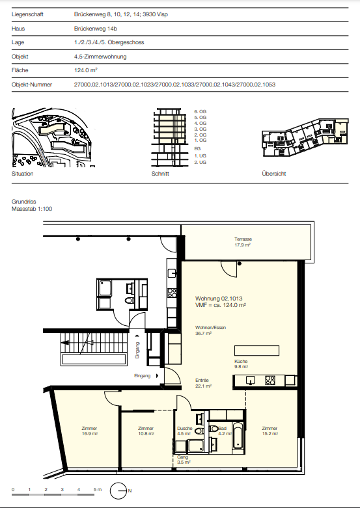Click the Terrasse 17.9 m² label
pyautogui.click(x=243, y=242)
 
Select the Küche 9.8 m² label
pyautogui.click(x=241, y=364)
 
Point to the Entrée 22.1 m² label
pyautogui.click(x=203, y=383)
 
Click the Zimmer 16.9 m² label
pyautogui.click(x=90, y=431)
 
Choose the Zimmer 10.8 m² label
pyautogui.click(x=146, y=431)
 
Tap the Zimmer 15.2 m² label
pyautogui.click(x=270, y=431)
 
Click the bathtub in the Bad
pyautogui.click(x=238, y=435)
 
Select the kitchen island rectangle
pyautogui.click(x=256, y=351)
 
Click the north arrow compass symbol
pyautogui.click(x=118, y=491)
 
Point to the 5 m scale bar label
pyautogui.click(x=97, y=489)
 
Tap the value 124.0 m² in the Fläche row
pyautogui.click(x=86, y=70)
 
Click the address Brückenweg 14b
pyautogui.click(x=95, y=29)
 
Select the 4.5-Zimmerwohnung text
pyautogui.click(x=100, y=57)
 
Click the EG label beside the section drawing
pyautogui.click(x=197, y=148)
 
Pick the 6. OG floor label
pyautogui.click(x=200, y=111)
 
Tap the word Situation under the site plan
pyautogui.click(x=22, y=174)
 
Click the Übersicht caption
pyautogui.click(x=273, y=174)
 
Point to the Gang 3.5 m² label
pyautogui.click(x=184, y=459)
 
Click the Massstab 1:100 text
pyautogui.click(x=32, y=209)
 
